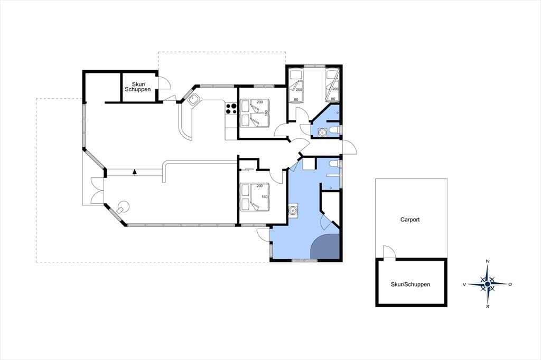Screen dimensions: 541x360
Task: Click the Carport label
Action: tap(410, 219)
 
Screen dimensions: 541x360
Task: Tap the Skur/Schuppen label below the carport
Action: tap(410, 285)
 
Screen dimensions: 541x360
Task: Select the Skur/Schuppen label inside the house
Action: tap(138, 87)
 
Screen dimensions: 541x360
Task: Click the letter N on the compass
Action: tap(488, 261)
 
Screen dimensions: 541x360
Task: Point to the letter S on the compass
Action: tap(488, 306)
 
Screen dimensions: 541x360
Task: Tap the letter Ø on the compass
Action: tap(510, 284)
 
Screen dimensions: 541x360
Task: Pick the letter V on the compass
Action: tap(464, 284)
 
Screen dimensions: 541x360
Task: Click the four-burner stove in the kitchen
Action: tap(231, 108)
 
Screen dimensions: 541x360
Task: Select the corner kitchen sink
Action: tap(193, 99)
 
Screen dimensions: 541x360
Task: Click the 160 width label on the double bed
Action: tap(266, 112)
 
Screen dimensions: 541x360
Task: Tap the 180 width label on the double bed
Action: tap(265, 196)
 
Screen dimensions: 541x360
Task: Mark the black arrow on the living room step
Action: tap(135, 171)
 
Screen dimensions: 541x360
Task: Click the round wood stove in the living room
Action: tap(123, 207)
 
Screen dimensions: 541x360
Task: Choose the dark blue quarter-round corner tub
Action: tap(325, 247)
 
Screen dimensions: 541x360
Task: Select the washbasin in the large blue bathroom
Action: tap(293, 210)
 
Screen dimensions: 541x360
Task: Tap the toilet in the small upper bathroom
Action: tap(334, 130)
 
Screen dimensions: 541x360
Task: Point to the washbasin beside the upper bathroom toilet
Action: tap(322, 132)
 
